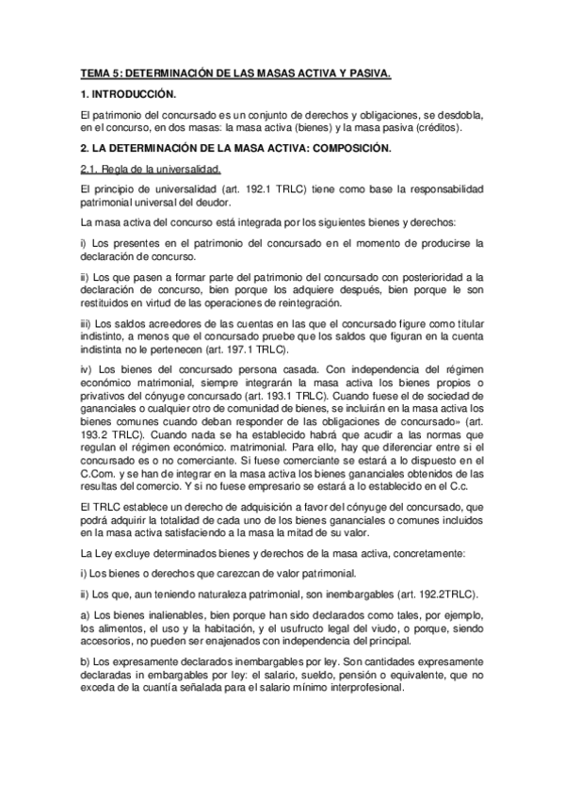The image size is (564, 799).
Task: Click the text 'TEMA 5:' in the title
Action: pyautogui.click(x=100, y=73)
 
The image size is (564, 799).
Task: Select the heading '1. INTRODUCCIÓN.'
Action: pyautogui.click(x=128, y=95)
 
